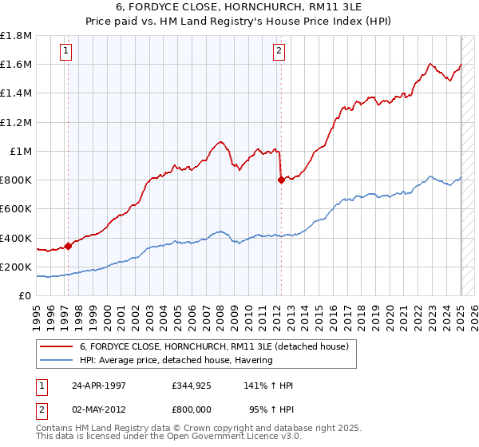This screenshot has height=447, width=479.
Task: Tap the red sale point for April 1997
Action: point(68,246)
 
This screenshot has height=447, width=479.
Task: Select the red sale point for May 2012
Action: point(281,180)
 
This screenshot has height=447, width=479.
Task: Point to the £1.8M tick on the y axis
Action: point(16,36)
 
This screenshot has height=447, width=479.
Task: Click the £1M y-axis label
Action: point(20,151)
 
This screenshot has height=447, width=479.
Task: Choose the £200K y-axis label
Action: point(16,267)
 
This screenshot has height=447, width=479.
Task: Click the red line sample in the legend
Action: point(57,346)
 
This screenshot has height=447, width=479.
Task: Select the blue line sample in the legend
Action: point(57,360)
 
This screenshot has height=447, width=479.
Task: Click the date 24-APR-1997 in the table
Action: point(99,385)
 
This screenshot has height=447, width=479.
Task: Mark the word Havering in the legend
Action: point(252,360)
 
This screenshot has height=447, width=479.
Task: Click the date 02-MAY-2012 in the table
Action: point(99,409)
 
